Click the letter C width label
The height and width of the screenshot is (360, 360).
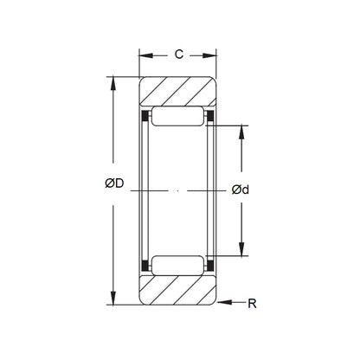click(x=177, y=54)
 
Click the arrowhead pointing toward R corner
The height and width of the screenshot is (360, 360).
click(x=224, y=303)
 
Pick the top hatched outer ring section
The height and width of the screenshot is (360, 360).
click(x=177, y=92)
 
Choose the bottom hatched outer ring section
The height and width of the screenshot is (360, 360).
click(x=177, y=289)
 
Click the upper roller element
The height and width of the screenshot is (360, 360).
click(x=177, y=117)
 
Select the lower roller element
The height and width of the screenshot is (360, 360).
click(x=177, y=264)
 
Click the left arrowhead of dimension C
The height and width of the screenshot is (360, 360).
click(x=144, y=55)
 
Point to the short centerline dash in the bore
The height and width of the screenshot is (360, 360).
click(x=177, y=190)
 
